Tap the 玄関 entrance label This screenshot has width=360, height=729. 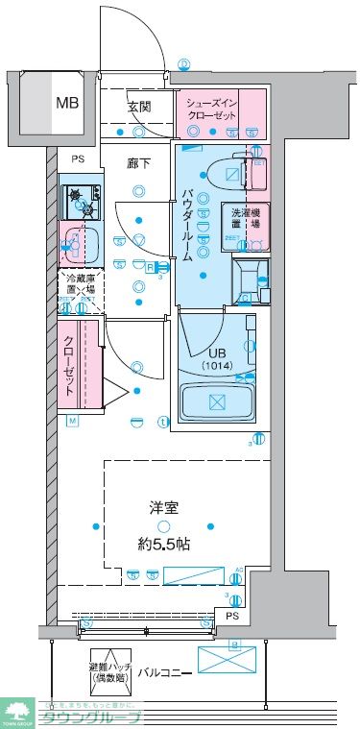click(140, 107)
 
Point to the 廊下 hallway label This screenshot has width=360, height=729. click(140, 163)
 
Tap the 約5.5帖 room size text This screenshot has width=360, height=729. click(163, 544)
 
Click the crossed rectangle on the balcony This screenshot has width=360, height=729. click(229, 659)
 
